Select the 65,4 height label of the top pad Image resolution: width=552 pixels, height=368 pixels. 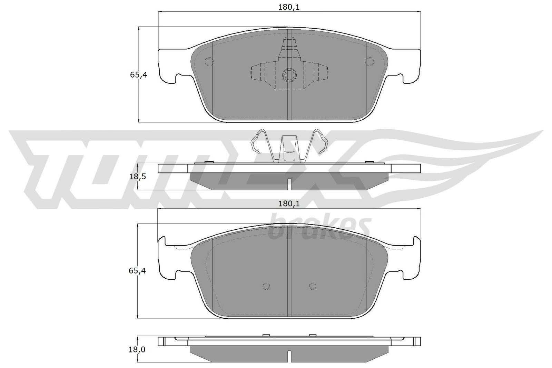pos(138,75)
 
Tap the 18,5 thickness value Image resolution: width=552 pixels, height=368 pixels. pos(138,177)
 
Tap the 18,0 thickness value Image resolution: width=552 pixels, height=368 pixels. pos(137,349)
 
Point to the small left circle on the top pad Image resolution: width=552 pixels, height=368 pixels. pos(209,61)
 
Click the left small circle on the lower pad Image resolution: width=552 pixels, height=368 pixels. pos(266,286)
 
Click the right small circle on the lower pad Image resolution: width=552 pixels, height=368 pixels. pos(313,286)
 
